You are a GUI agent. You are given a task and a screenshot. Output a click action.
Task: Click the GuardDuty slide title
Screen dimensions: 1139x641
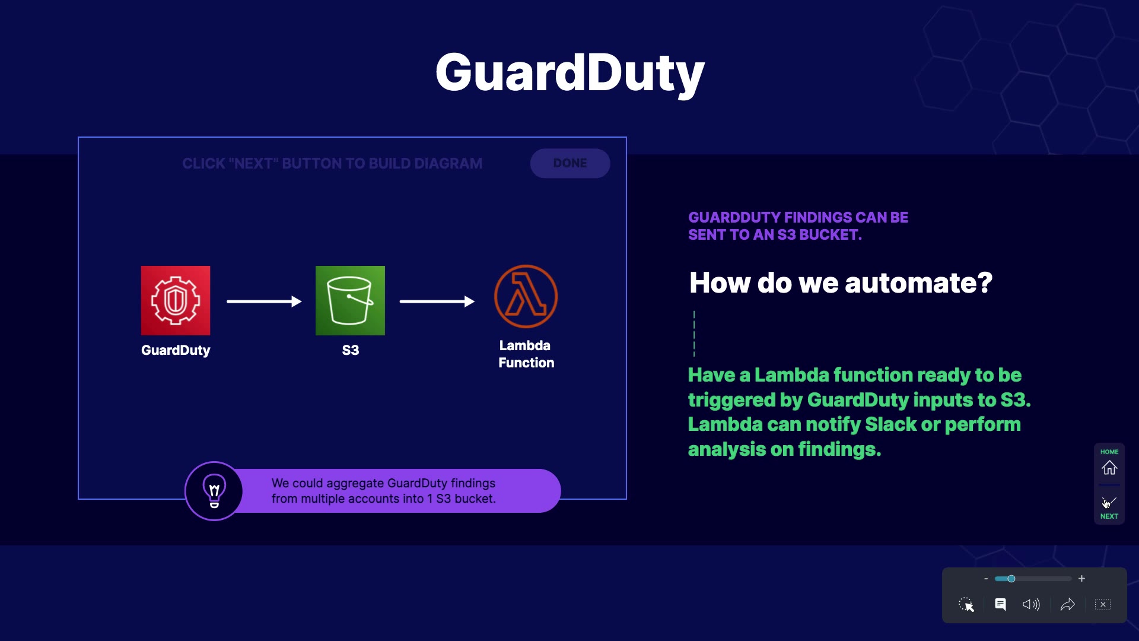[569, 73]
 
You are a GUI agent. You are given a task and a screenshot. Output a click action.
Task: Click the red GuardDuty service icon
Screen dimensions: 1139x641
[176, 300]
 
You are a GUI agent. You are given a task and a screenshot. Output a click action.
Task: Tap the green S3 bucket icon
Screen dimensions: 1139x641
[350, 300]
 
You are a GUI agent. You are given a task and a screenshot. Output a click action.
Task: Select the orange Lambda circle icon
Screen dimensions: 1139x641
[526, 297]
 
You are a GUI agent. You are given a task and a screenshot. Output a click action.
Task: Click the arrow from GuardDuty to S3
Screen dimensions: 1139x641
[264, 302]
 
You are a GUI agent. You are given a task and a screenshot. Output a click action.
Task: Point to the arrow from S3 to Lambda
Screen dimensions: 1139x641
[437, 302]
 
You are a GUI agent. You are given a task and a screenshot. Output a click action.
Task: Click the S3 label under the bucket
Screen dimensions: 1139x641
[351, 350]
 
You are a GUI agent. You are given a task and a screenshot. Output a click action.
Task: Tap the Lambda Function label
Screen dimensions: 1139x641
[526, 354]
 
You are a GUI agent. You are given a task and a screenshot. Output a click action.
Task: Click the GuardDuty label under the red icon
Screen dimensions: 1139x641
[176, 350]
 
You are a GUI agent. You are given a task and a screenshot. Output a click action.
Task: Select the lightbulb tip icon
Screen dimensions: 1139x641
[214, 491]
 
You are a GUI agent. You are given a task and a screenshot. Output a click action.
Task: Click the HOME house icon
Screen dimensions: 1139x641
[1109, 468]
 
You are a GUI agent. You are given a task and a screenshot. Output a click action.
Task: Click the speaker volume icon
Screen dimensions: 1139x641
[1031, 604]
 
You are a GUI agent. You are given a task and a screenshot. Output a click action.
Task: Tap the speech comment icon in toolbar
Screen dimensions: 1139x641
[1000, 604]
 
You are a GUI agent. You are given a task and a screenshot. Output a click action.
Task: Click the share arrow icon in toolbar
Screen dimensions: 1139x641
[1067, 604]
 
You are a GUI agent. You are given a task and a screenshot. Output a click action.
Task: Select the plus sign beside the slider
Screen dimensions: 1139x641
[1081, 579]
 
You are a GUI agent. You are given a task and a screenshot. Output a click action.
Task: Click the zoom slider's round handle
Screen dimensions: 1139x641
[1011, 579]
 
